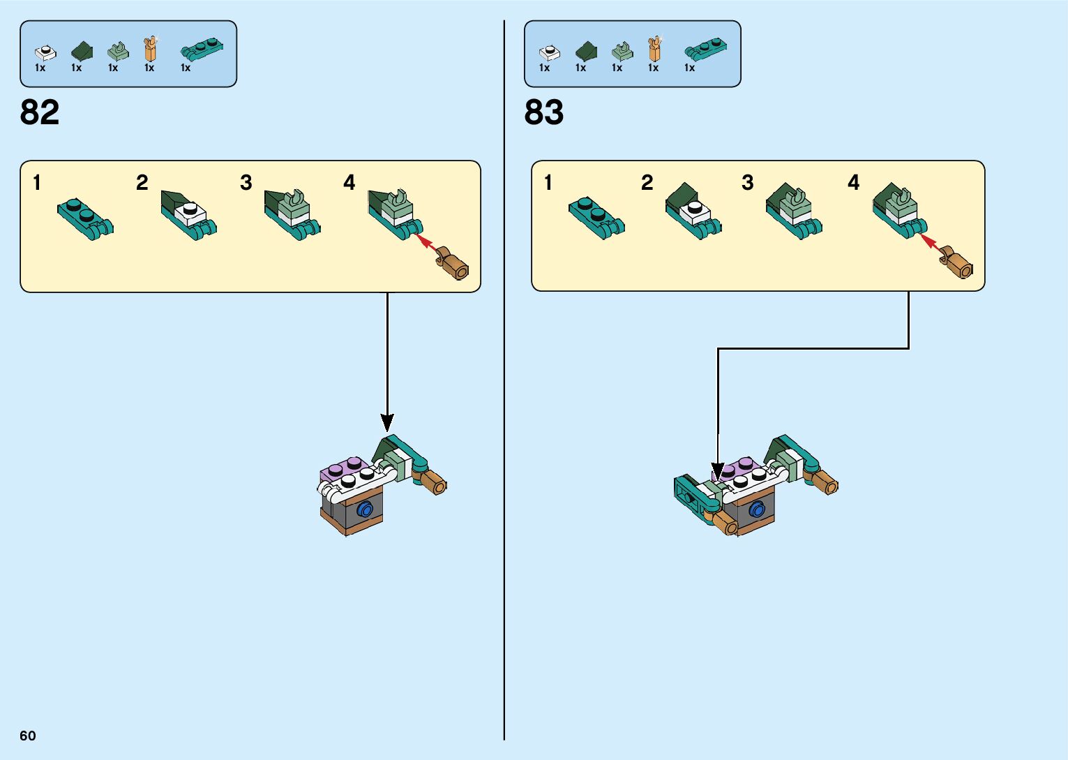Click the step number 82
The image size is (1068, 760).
coord(40,112)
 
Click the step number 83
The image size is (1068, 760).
coord(544,112)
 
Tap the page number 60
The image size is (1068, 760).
coord(28,736)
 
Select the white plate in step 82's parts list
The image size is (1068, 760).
coord(45,52)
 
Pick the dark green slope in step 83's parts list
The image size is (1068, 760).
coord(586,51)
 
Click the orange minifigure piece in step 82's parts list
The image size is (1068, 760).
coord(150,49)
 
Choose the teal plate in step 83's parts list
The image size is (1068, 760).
coord(706,49)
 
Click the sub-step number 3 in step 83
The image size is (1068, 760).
coord(747,183)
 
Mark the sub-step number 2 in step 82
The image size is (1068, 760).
coord(142,183)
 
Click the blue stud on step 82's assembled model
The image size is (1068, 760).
coord(364,509)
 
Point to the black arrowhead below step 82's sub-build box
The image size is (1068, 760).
coord(387,422)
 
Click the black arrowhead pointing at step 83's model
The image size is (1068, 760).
coord(718,471)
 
